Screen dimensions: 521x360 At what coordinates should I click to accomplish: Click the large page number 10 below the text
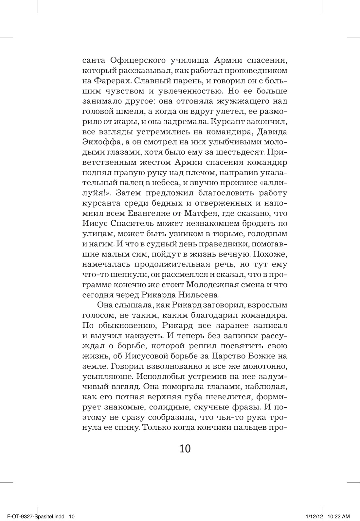point(185,449)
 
